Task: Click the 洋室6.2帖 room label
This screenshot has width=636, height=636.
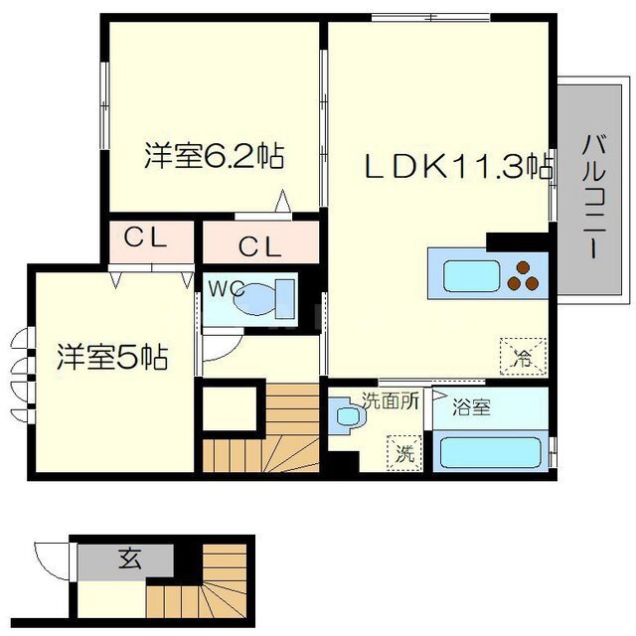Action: click(215, 156)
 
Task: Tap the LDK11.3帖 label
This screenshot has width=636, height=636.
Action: click(458, 166)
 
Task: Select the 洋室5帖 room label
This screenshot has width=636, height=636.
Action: click(112, 357)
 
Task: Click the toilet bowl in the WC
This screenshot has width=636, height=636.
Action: click(254, 298)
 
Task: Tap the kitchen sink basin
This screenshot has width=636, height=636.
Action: click(471, 276)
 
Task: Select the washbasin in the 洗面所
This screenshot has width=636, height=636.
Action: click(348, 415)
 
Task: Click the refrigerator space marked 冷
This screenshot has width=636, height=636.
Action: click(524, 357)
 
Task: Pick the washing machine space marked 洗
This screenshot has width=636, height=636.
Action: click(404, 453)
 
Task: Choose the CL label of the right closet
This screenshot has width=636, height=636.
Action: click(260, 247)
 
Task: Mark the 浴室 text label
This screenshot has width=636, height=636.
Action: click(471, 407)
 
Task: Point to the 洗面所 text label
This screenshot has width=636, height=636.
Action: click(391, 401)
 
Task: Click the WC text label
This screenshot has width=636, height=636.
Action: click(227, 288)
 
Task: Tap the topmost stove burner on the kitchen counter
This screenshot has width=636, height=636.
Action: click(523, 267)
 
